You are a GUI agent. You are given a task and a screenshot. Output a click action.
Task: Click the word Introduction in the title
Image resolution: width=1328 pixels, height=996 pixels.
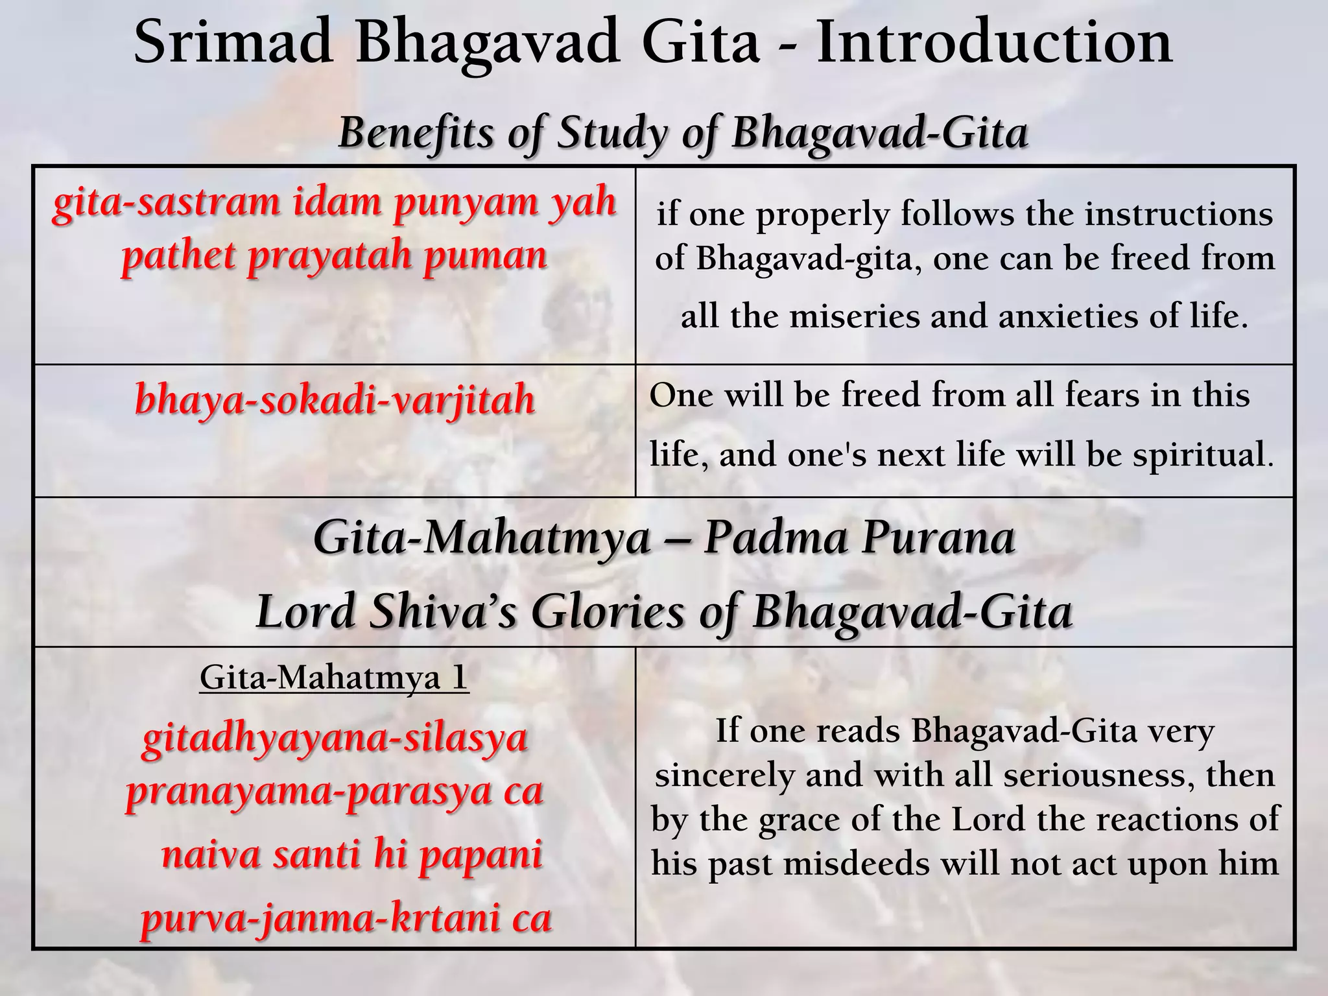[x=993, y=43]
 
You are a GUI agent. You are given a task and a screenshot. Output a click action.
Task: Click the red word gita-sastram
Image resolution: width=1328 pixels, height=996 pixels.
[x=166, y=202]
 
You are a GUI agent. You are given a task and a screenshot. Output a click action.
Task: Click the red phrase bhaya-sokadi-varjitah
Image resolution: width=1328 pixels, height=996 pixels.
[x=335, y=400]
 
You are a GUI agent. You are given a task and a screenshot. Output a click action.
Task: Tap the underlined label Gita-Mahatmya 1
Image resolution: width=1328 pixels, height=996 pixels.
[x=334, y=678]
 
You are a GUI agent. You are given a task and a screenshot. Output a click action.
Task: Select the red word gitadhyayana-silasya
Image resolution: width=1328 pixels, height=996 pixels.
[x=335, y=739]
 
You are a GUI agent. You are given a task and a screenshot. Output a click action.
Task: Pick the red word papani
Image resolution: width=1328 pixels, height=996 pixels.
[x=480, y=855]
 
